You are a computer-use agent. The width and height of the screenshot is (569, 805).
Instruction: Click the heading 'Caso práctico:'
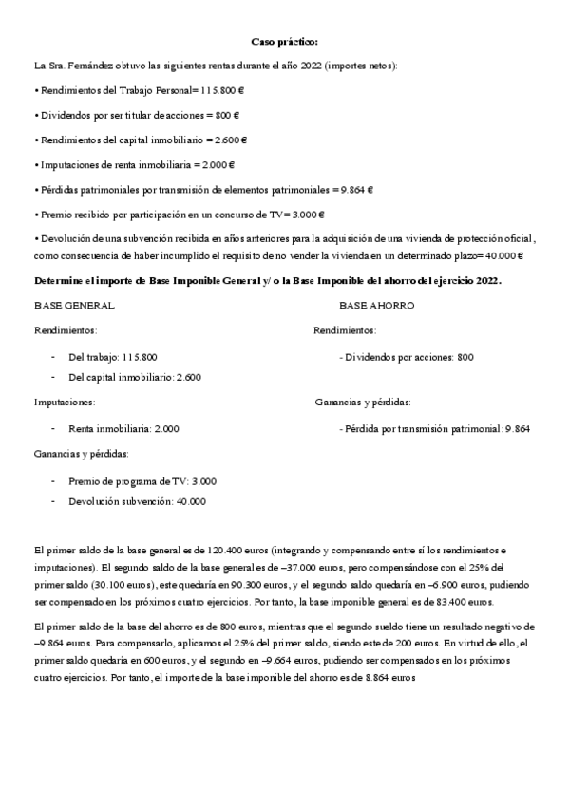(x=284, y=43)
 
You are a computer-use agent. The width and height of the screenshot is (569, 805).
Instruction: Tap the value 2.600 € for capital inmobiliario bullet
(x=232, y=140)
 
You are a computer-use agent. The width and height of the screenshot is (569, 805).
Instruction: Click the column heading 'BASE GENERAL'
(x=74, y=306)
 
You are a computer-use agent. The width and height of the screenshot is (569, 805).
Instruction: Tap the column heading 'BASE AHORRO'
(x=376, y=306)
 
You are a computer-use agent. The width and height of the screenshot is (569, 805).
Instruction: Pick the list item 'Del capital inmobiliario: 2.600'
(x=135, y=377)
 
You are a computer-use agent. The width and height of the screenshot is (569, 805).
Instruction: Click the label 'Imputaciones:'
(x=65, y=402)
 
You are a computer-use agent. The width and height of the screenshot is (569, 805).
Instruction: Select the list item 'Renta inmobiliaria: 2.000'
(x=123, y=428)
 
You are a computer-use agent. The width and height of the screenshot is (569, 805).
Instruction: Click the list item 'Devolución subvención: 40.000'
(x=137, y=500)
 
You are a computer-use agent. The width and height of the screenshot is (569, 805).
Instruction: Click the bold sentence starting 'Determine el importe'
(x=267, y=281)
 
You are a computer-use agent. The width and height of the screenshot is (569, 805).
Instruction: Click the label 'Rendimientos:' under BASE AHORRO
(x=344, y=330)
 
